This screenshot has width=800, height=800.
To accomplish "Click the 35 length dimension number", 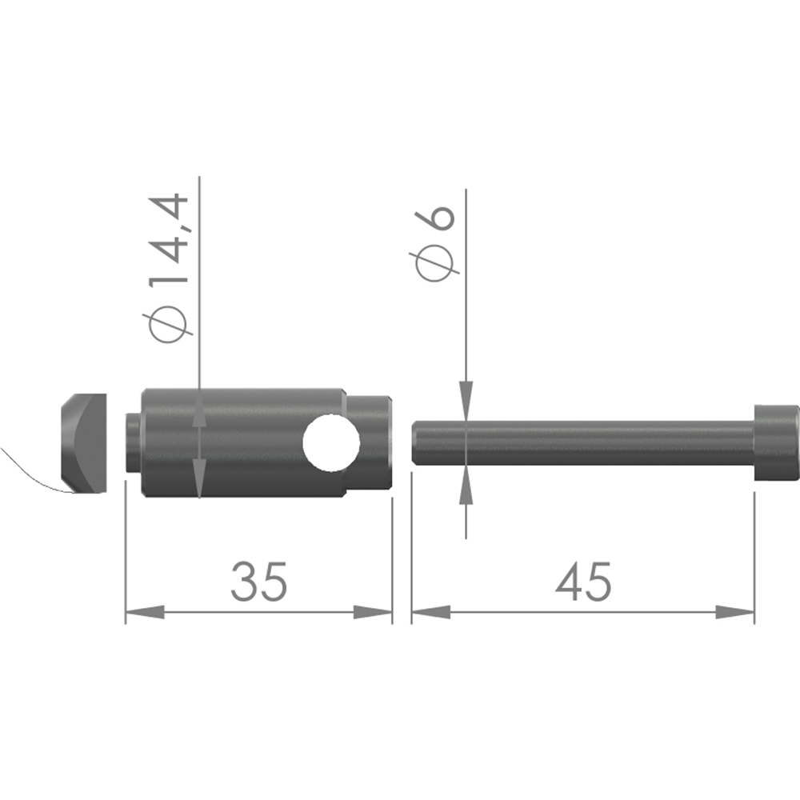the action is tap(258, 582).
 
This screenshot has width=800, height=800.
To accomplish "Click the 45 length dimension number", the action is tap(583, 582).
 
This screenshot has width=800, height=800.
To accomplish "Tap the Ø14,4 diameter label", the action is tap(168, 267).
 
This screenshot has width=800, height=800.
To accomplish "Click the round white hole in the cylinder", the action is tap(331, 443).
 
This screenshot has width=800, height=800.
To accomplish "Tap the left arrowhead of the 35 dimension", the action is tap(145, 612).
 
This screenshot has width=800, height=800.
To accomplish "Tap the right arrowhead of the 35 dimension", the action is tap(373, 612).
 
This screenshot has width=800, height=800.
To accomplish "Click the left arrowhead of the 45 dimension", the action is tap(431, 612).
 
